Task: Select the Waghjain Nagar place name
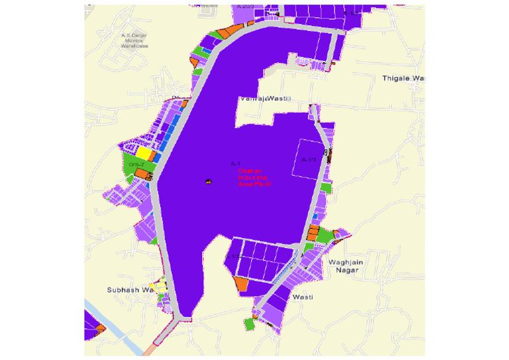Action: coord(344,265)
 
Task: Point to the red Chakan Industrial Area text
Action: coord(253,177)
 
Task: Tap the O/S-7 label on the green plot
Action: coord(137,164)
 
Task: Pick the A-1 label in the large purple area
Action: coord(234,163)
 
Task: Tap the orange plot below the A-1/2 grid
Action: coord(241,284)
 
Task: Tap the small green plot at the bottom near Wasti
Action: coord(249,324)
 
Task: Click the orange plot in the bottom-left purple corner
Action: coord(100,328)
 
